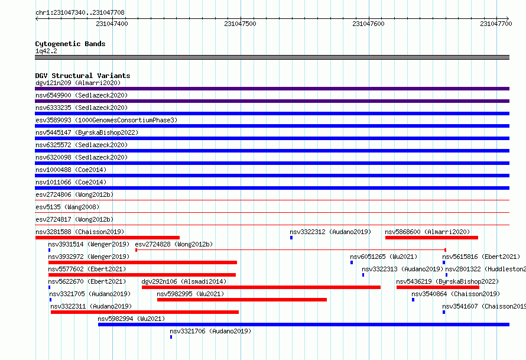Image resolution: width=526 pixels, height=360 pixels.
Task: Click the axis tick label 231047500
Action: point(240,24)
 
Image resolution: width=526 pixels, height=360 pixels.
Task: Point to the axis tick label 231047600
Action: point(368,24)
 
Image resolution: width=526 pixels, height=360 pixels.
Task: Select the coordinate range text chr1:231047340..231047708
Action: point(80,12)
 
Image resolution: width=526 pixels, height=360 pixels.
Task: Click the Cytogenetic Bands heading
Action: point(70,44)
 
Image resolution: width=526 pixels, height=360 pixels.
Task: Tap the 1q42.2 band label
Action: point(46,51)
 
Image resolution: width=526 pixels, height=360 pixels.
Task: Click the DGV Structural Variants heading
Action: point(83,76)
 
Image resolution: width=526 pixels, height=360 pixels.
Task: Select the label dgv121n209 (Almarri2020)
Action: point(78,83)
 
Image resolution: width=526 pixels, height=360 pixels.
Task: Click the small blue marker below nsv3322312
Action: point(291,238)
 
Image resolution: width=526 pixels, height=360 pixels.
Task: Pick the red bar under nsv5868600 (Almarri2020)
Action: point(431,238)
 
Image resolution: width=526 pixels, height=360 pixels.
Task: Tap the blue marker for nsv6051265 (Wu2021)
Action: point(352,262)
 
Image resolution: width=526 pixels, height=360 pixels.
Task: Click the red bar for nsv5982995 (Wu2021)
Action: point(242,300)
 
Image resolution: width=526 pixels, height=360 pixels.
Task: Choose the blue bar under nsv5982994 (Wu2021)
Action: point(304,325)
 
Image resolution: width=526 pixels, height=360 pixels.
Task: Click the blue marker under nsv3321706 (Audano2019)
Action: point(171,337)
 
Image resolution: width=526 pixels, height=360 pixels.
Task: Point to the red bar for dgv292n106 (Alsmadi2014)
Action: point(261,287)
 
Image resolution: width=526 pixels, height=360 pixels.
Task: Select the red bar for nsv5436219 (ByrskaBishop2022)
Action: point(438,287)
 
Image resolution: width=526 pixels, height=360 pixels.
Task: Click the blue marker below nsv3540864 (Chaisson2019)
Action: point(413,300)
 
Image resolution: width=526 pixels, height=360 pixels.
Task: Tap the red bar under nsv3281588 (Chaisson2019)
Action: point(108,238)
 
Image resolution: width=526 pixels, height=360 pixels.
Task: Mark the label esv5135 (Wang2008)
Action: point(67,207)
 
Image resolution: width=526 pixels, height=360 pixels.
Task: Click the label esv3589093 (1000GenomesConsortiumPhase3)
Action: point(106,120)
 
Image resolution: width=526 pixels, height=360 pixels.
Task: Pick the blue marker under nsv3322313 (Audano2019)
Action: point(363,275)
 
